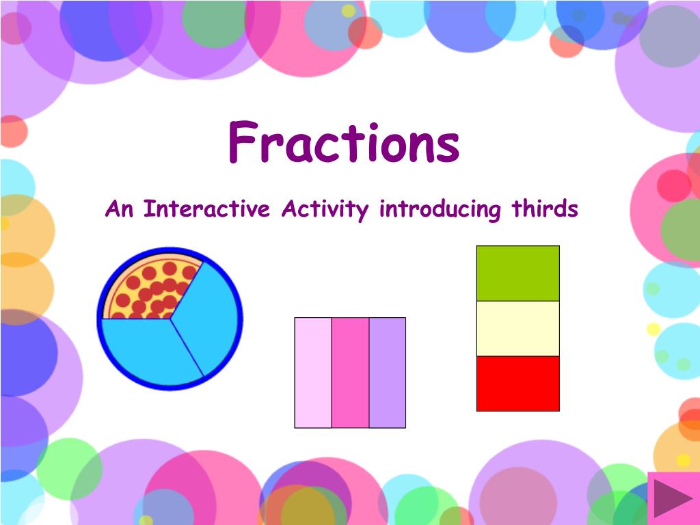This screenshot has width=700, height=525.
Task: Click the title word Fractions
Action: click(343, 143)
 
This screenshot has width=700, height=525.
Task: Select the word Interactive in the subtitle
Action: click(207, 209)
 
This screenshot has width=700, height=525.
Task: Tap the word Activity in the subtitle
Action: click(325, 209)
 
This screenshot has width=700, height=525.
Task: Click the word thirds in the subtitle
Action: click(546, 208)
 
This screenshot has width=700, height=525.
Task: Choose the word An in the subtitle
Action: click(119, 209)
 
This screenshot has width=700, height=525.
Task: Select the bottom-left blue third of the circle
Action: click(144, 349)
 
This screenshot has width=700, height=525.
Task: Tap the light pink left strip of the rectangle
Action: click(313, 373)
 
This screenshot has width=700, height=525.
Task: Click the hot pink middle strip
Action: click(350, 373)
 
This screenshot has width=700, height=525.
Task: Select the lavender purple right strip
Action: click(388, 373)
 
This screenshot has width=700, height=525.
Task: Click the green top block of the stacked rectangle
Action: click(517, 273)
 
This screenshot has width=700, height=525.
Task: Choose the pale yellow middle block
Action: click(517, 328)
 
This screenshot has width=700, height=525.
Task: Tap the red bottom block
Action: click(517, 383)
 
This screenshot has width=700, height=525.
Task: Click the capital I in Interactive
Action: click(147, 208)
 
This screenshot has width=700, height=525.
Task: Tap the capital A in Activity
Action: click(288, 208)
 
